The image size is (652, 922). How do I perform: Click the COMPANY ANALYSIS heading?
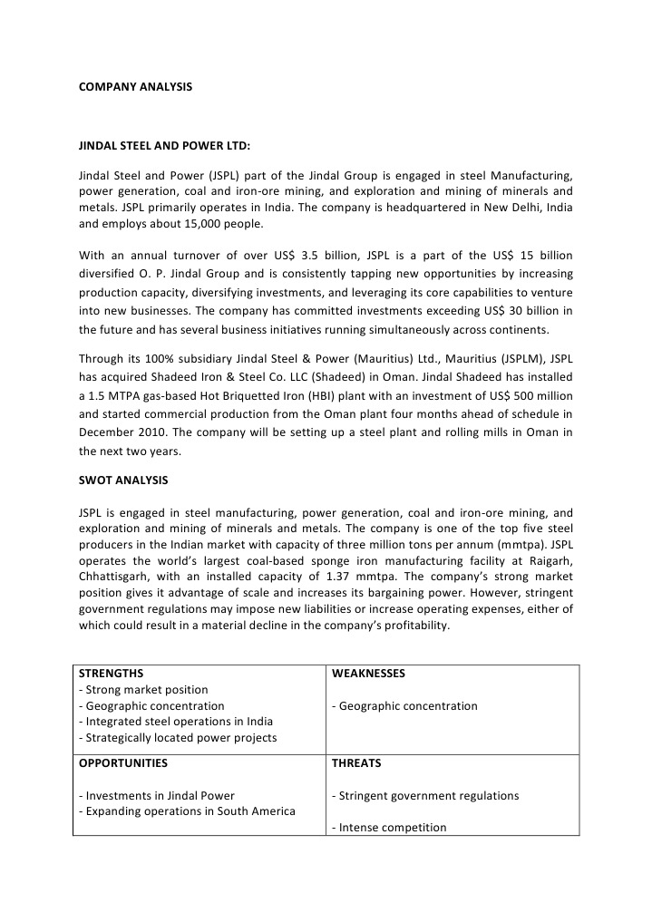click(135, 87)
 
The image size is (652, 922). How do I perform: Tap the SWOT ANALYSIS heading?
click(122, 479)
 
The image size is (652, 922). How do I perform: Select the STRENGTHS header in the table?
click(111, 674)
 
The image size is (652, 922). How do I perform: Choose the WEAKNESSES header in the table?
click(368, 674)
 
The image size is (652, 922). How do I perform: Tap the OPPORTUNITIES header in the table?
click(123, 763)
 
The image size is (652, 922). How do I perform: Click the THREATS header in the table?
click(356, 763)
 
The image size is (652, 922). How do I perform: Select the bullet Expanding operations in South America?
click(187, 811)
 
